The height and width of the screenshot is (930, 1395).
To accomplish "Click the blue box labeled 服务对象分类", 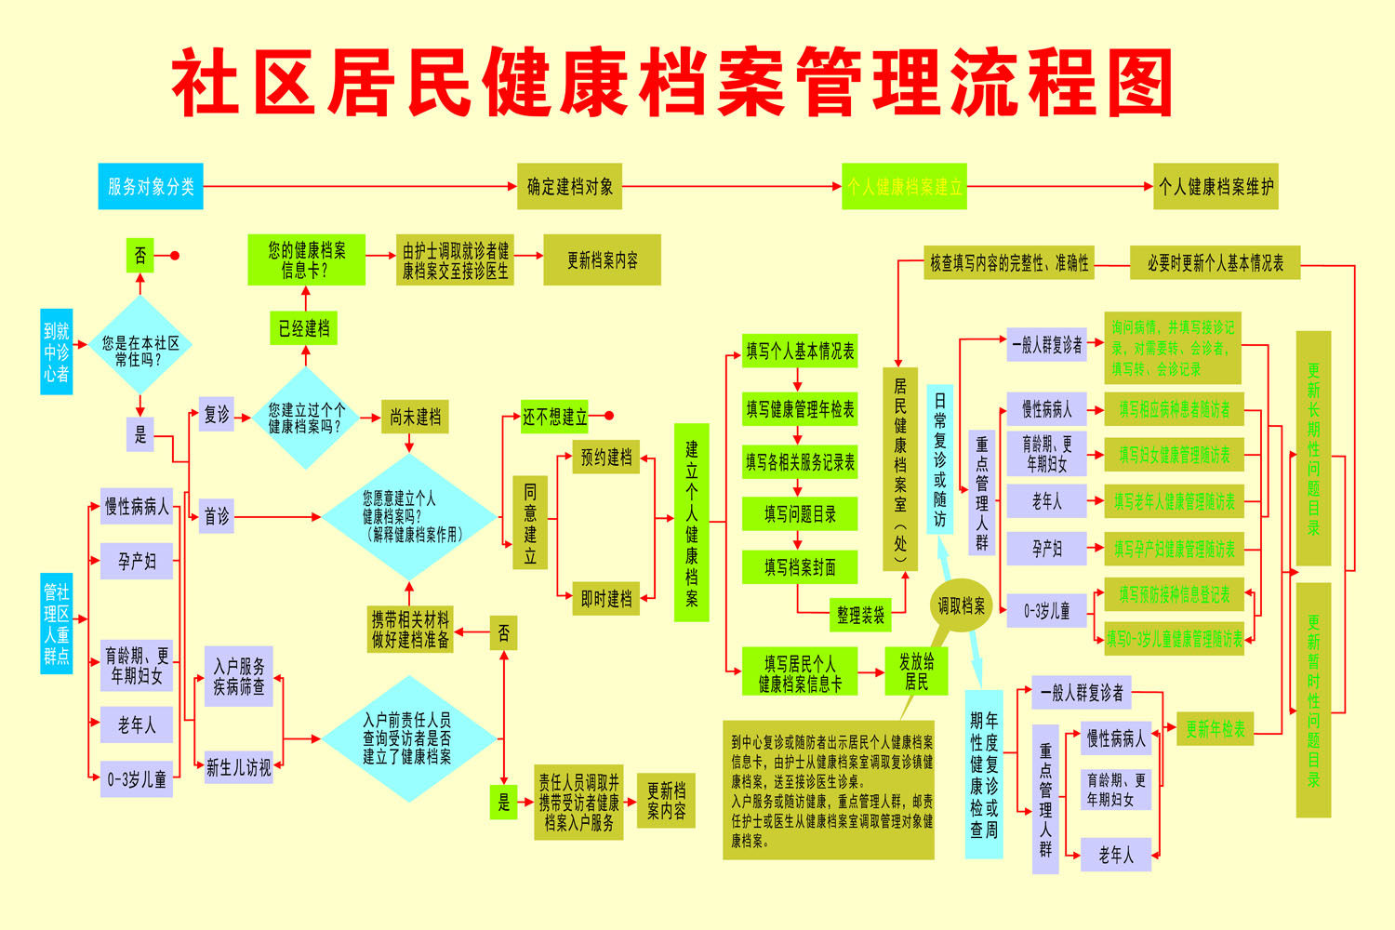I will click(x=151, y=186).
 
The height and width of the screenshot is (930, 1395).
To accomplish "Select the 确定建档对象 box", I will click(x=569, y=186).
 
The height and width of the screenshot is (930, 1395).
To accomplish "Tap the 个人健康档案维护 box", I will click(x=1216, y=186).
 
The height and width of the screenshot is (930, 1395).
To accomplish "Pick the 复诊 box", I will click(x=217, y=415).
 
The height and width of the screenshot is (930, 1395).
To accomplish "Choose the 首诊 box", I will click(x=217, y=516).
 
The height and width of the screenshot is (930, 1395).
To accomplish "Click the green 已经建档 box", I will click(x=304, y=328).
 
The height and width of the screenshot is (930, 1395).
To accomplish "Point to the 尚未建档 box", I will click(x=415, y=417).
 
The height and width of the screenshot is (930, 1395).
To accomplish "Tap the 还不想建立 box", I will click(x=554, y=417).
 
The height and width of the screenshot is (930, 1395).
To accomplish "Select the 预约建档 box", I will click(x=606, y=458).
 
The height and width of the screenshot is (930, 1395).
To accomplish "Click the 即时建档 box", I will click(x=606, y=599).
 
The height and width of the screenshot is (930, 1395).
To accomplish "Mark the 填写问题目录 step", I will click(x=800, y=514).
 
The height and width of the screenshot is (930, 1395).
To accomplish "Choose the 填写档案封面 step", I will click(x=800, y=566).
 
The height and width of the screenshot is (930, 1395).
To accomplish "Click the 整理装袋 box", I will click(x=860, y=615).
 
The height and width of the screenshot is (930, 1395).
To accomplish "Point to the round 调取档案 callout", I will click(x=962, y=606).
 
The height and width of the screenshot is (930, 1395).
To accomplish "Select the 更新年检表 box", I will click(x=1216, y=730).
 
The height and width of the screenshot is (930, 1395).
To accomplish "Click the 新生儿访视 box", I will click(x=239, y=768).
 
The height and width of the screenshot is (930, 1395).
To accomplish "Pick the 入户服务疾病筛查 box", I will click(x=239, y=677).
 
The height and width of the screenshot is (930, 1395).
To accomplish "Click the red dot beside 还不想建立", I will click(x=609, y=416).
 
